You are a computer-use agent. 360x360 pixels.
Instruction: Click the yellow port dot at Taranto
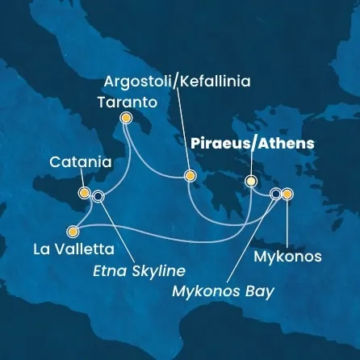point(125,118)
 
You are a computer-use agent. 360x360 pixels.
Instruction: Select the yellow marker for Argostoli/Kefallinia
point(190,175)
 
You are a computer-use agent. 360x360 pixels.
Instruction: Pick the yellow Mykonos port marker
point(287,194)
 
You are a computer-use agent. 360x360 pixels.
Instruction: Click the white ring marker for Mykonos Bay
point(277,194)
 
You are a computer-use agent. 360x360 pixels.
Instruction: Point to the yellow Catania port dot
point(84,193)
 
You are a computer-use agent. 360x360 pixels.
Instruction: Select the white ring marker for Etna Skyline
point(98,195)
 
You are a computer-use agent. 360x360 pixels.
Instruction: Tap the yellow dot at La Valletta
point(74,228)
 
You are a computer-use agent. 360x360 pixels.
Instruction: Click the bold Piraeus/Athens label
point(251,143)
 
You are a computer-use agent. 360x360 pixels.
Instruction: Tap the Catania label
point(80,162)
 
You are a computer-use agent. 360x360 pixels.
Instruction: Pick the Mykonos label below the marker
point(288,257)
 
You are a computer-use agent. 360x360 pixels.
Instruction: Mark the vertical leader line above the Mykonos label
point(287,222)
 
